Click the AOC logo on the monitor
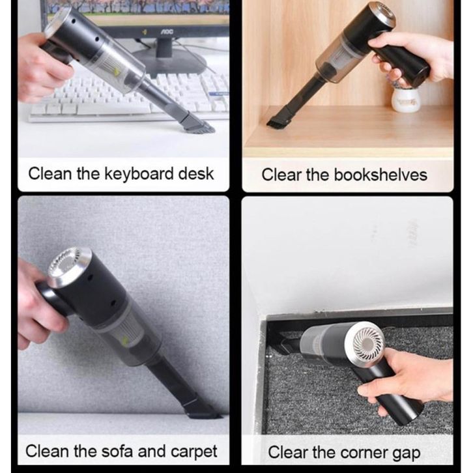(x=166, y=31)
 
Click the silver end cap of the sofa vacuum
(x=67, y=267)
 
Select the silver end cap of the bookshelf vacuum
(x=384, y=15)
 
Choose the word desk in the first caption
(x=196, y=174)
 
